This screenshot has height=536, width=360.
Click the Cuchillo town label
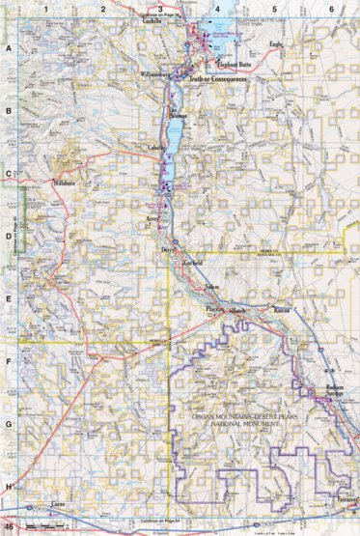151,31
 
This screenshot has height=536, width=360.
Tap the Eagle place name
278,44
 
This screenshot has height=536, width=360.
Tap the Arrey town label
152,221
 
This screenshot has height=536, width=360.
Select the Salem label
211,290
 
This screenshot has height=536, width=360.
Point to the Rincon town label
282,310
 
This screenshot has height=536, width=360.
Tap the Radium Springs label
329,391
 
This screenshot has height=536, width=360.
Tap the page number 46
9,525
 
